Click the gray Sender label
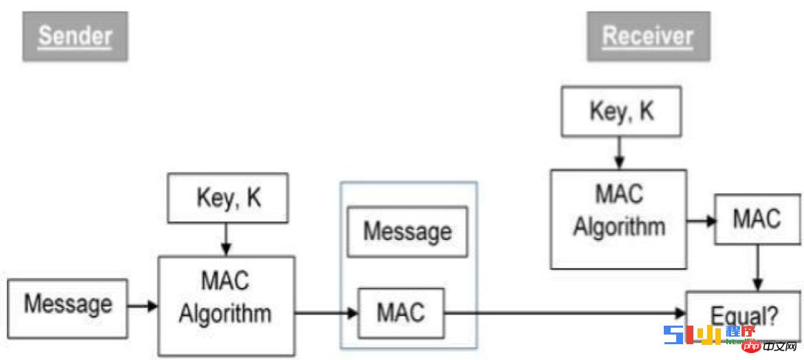(x=75, y=36)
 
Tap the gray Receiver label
(x=647, y=36)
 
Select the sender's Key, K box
(x=228, y=198)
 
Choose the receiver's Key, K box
(x=621, y=111)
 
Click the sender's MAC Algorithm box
(x=226, y=304)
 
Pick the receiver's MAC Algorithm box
(x=618, y=218)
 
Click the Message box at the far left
(x=67, y=304)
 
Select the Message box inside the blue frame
(x=407, y=231)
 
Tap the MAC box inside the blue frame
(x=401, y=313)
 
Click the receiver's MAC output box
(x=757, y=219)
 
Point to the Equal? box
(x=744, y=316)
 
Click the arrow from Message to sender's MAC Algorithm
(x=143, y=304)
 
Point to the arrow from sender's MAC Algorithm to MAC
(x=326, y=313)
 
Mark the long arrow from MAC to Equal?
(x=563, y=314)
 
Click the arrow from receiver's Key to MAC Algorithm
(x=619, y=153)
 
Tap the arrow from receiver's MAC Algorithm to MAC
(x=700, y=220)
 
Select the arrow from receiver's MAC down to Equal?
(x=757, y=268)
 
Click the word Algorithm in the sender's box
(x=225, y=314)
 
